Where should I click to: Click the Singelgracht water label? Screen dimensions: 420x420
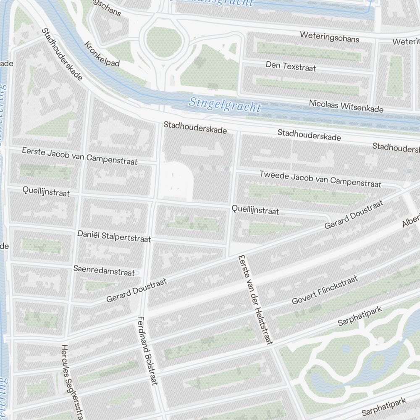(225, 105)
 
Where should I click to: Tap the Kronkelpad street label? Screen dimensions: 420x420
(102, 54)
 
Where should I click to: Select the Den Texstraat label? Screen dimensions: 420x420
(291, 66)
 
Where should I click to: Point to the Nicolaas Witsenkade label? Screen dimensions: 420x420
(346, 106)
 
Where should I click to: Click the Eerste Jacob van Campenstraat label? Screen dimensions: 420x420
(80, 156)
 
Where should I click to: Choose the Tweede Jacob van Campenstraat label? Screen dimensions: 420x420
(320, 179)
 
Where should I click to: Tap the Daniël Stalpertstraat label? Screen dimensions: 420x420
(114, 236)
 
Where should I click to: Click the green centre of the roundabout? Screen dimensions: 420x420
(165, 41)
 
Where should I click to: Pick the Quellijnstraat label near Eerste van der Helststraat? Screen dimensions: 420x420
(255, 210)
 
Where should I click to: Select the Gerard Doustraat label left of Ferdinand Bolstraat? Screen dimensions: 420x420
(136, 289)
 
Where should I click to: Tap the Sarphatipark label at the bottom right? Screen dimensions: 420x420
(384, 407)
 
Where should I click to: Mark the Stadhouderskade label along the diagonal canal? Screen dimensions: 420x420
(62, 54)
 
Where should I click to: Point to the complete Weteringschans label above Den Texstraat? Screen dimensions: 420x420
(329, 37)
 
